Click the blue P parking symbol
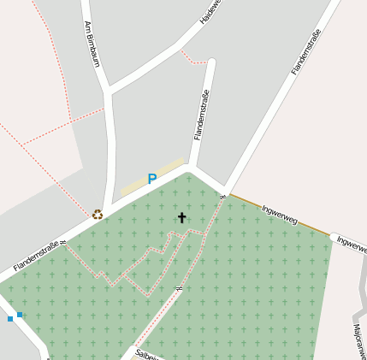[152, 180]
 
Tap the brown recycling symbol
[98, 214]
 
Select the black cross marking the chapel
[181, 218]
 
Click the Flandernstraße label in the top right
[306, 51]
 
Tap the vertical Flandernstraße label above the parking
[201, 115]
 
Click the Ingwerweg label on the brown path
[279, 215]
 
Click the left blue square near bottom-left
[10, 319]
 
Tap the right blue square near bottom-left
[20, 315]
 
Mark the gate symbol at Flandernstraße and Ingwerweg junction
[222, 197]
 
